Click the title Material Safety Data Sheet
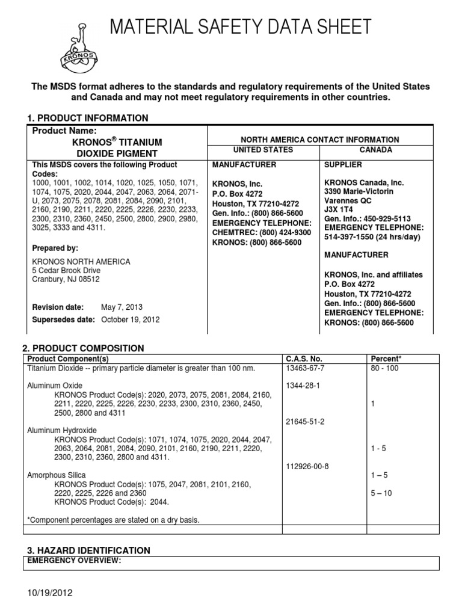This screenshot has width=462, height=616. tap(239, 26)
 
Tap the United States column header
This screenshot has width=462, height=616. tap(263, 150)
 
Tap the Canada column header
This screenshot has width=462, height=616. tap(376, 150)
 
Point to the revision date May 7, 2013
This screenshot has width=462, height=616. tap(123, 307)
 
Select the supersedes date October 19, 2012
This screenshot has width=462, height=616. tap(130, 319)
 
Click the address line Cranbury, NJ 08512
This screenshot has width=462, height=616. tap(66, 279)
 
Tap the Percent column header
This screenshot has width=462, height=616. tap(386, 359)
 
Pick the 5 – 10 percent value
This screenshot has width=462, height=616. tap(380, 493)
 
